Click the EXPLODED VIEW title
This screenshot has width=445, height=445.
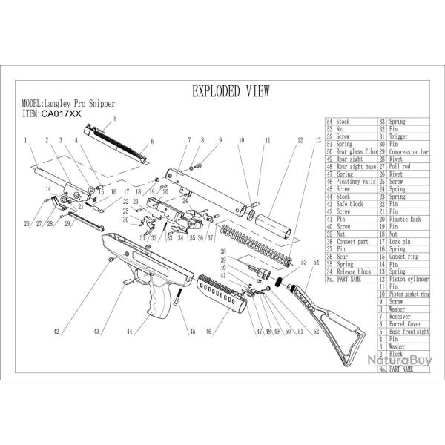coord(231,91)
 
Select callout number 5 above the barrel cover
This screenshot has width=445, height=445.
coord(115,119)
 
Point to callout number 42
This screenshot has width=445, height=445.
coord(56,333)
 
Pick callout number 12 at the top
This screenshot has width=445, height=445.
coord(300,139)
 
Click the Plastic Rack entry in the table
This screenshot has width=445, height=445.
coord(406,220)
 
